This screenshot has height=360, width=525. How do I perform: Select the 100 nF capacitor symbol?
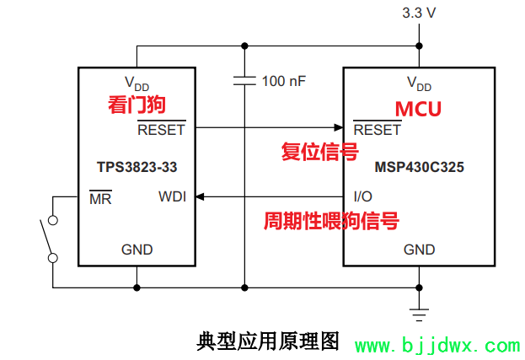click(244, 81)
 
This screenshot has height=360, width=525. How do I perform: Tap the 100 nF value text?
click(284, 82)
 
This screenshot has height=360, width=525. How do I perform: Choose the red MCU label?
click(419, 109)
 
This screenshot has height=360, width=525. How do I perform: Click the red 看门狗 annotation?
click(136, 105)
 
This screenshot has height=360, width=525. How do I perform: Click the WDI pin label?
click(172, 197)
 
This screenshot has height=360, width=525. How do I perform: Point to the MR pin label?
click(100, 199)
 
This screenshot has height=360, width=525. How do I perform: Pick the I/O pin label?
click(363, 197)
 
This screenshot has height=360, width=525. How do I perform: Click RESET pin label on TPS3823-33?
click(161, 131)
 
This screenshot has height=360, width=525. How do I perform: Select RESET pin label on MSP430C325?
click(377, 131)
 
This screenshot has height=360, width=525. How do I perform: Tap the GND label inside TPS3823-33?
click(137, 250)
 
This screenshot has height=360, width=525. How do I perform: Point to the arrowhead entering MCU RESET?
click(338, 129)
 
